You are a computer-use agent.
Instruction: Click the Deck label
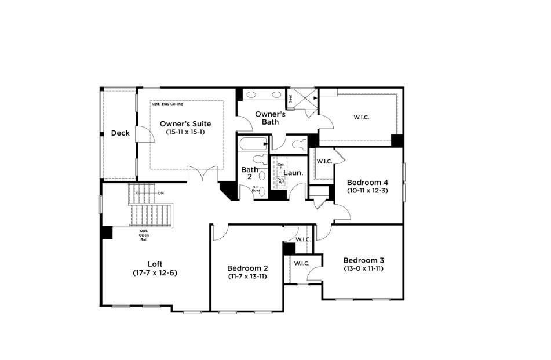coord(120,133)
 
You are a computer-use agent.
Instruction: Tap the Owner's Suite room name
coord(185,123)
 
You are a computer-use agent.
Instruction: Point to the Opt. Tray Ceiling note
coord(168,104)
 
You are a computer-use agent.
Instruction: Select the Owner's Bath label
coord(271,118)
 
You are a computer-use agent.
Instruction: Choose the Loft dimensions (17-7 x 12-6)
coord(155,272)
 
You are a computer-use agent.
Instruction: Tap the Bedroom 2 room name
coord(247,268)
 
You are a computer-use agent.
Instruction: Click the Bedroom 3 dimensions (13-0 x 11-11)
coord(363,268)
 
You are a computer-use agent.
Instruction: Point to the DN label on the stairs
coord(160,193)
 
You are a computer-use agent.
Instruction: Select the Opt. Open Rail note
coord(144,235)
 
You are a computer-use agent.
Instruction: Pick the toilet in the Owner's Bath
coord(298,144)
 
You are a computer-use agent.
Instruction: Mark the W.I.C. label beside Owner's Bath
coord(362,118)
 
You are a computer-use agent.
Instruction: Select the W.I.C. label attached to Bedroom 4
coord(324,161)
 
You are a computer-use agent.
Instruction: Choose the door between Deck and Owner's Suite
coord(141,133)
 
